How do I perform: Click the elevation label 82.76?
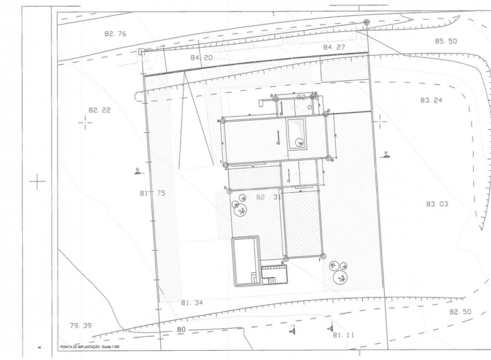click(115, 34)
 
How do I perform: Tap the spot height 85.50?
click(446, 41)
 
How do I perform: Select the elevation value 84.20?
click(201, 58)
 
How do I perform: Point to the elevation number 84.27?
click(336, 47)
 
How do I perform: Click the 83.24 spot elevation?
click(431, 99)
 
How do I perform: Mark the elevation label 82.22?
click(99, 110)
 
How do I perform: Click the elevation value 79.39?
click(80, 325)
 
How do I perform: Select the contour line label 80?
click(181, 330)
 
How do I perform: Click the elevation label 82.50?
click(462, 312)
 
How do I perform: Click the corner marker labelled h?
click(228, 190)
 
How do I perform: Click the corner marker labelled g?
click(284, 258)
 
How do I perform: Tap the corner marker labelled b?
click(276, 97)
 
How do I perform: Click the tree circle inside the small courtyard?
click(300, 142)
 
